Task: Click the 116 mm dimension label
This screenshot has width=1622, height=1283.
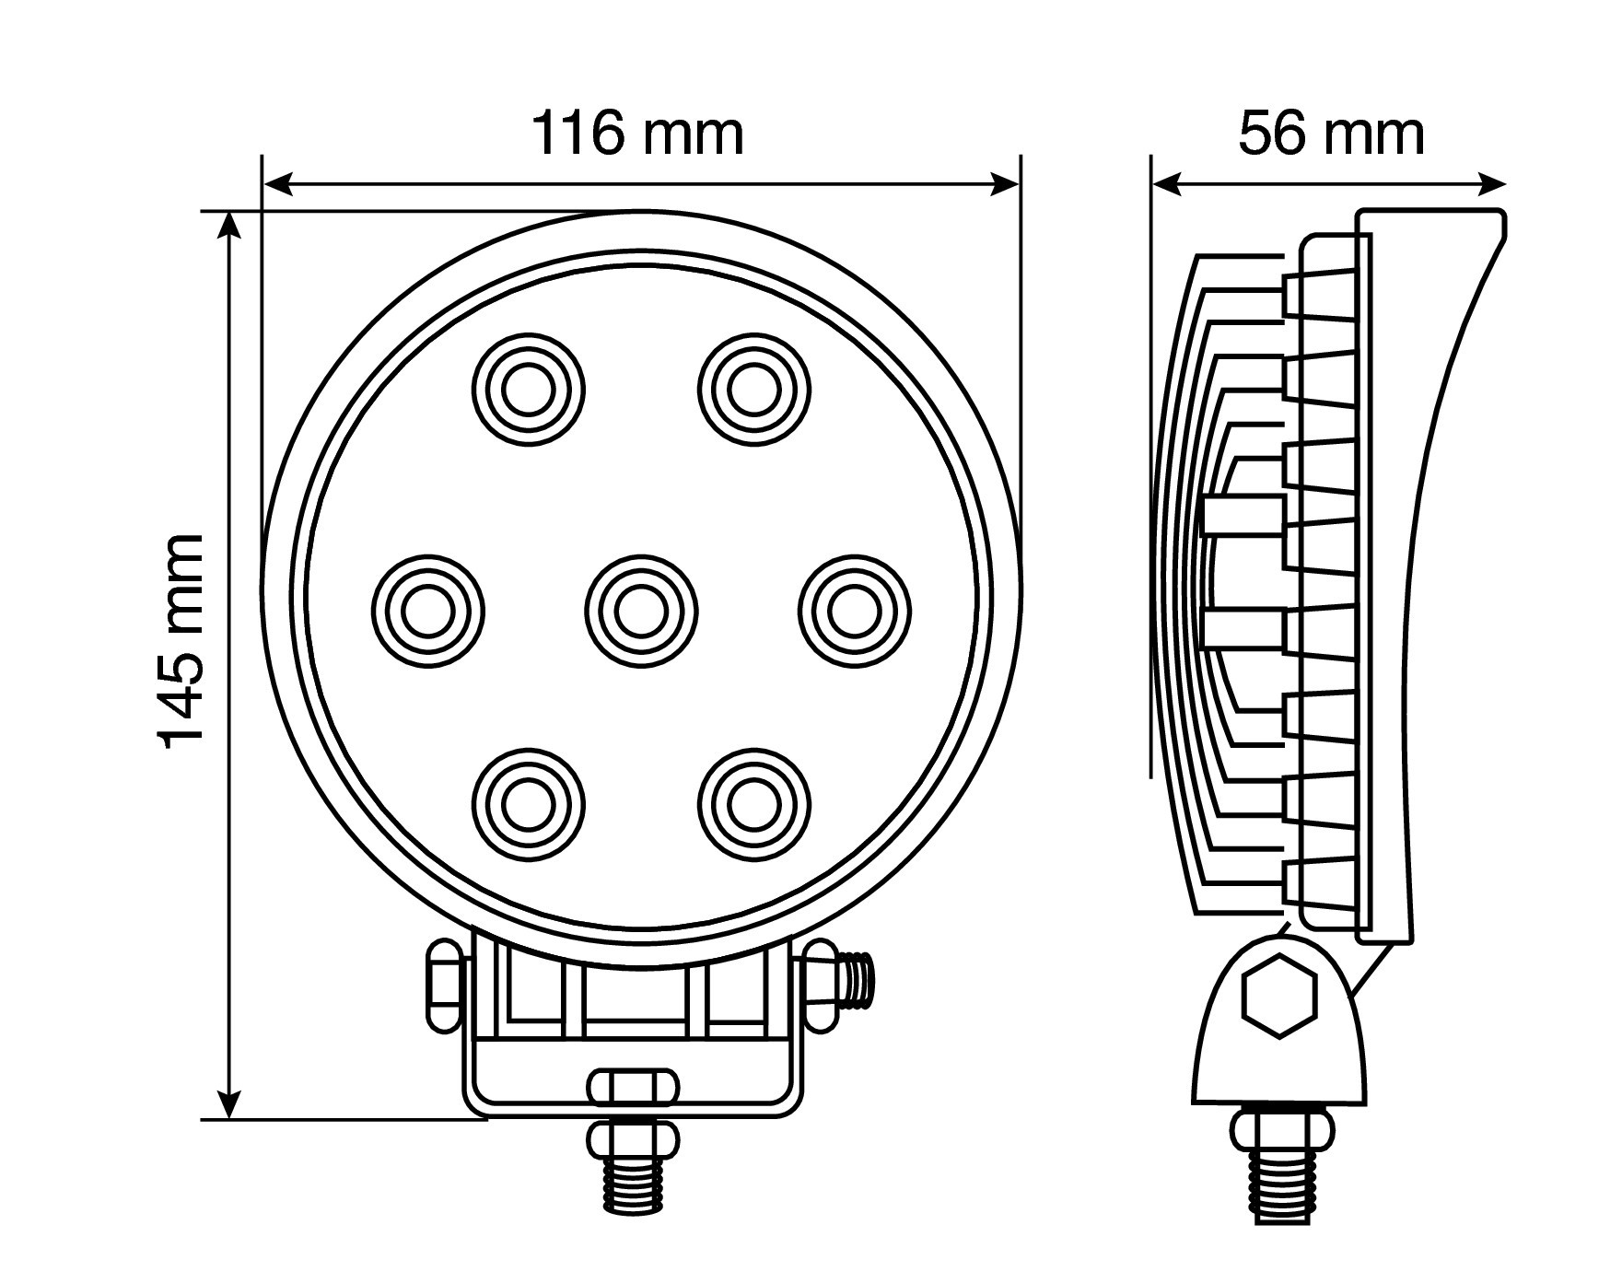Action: click(x=637, y=134)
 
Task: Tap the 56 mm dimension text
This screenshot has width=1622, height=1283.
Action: click(x=1330, y=134)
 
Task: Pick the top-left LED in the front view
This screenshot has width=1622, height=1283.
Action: click(x=528, y=390)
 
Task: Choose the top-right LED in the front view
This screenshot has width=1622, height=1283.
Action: click(x=754, y=390)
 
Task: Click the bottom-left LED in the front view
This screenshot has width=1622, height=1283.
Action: click(x=528, y=804)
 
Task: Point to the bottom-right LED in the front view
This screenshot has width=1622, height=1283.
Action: click(x=754, y=804)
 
